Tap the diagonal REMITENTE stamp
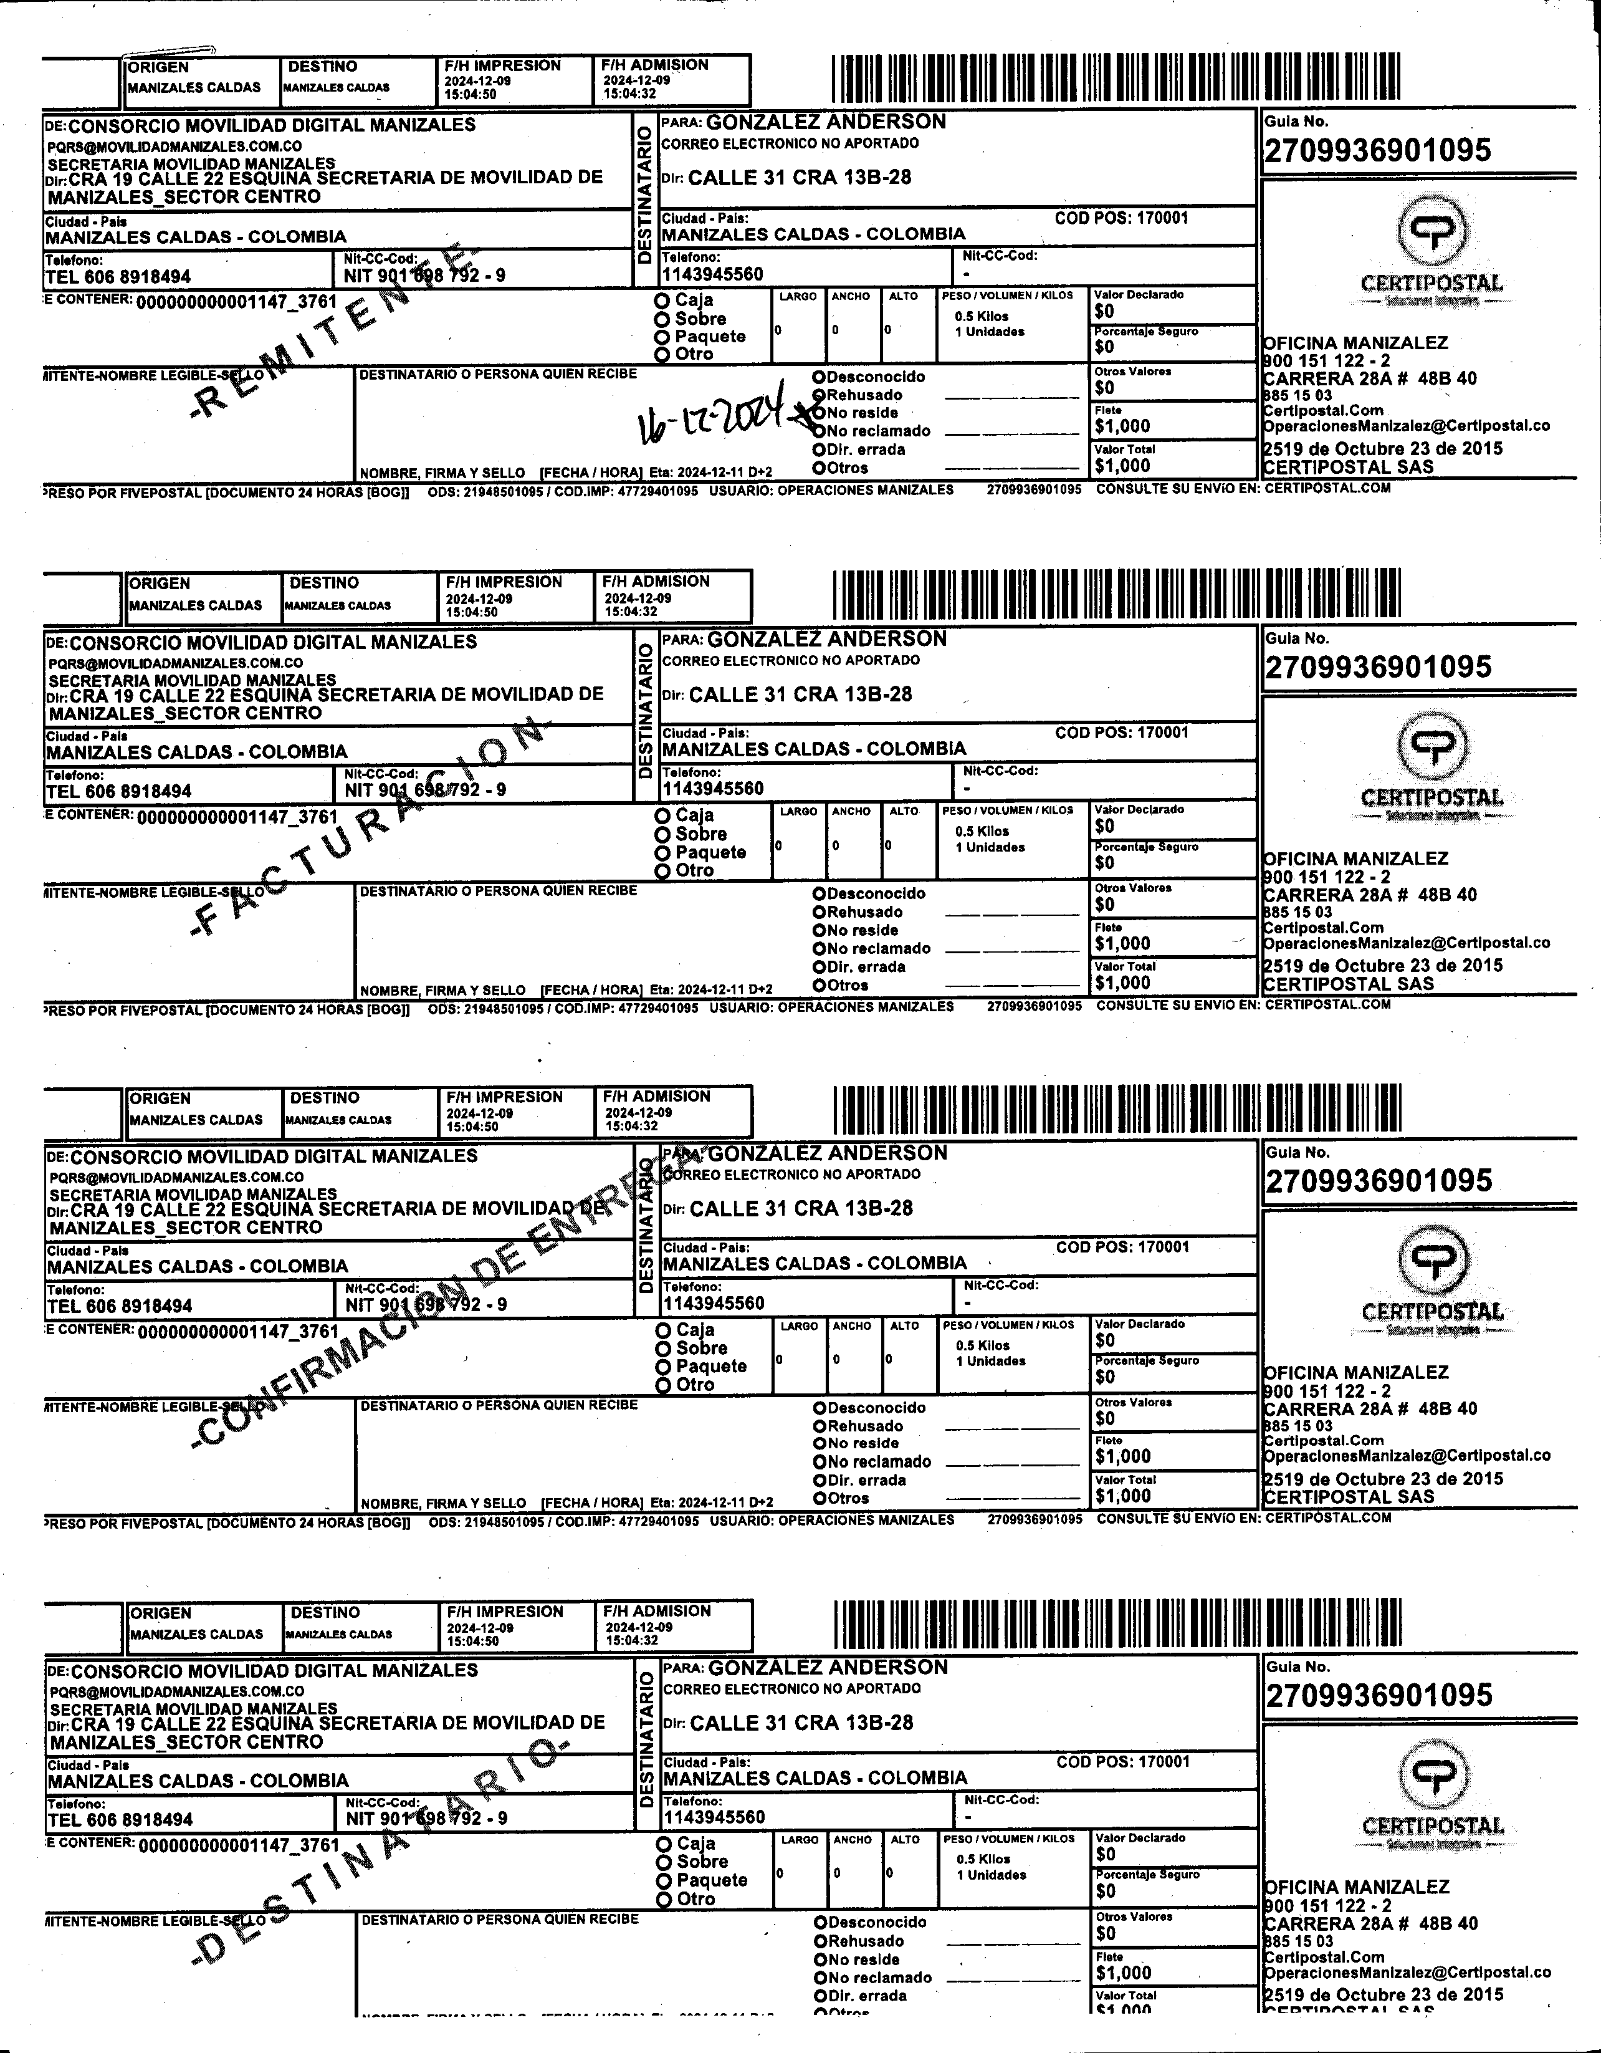[x=338, y=329]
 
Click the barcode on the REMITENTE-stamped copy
[x=1116, y=78]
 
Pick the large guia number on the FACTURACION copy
[x=1379, y=668]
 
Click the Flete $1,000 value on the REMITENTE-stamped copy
[x=1123, y=426]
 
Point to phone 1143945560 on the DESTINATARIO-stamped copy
[x=715, y=1817]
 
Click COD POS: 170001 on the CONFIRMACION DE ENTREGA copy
[x=1123, y=1248]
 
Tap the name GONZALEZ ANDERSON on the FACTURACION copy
[x=827, y=639]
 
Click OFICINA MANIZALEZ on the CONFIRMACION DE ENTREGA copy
[x=1356, y=1372]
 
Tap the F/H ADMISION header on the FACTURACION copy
[x=656, y=581]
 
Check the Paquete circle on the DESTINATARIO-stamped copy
[x=664, y=1880]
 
